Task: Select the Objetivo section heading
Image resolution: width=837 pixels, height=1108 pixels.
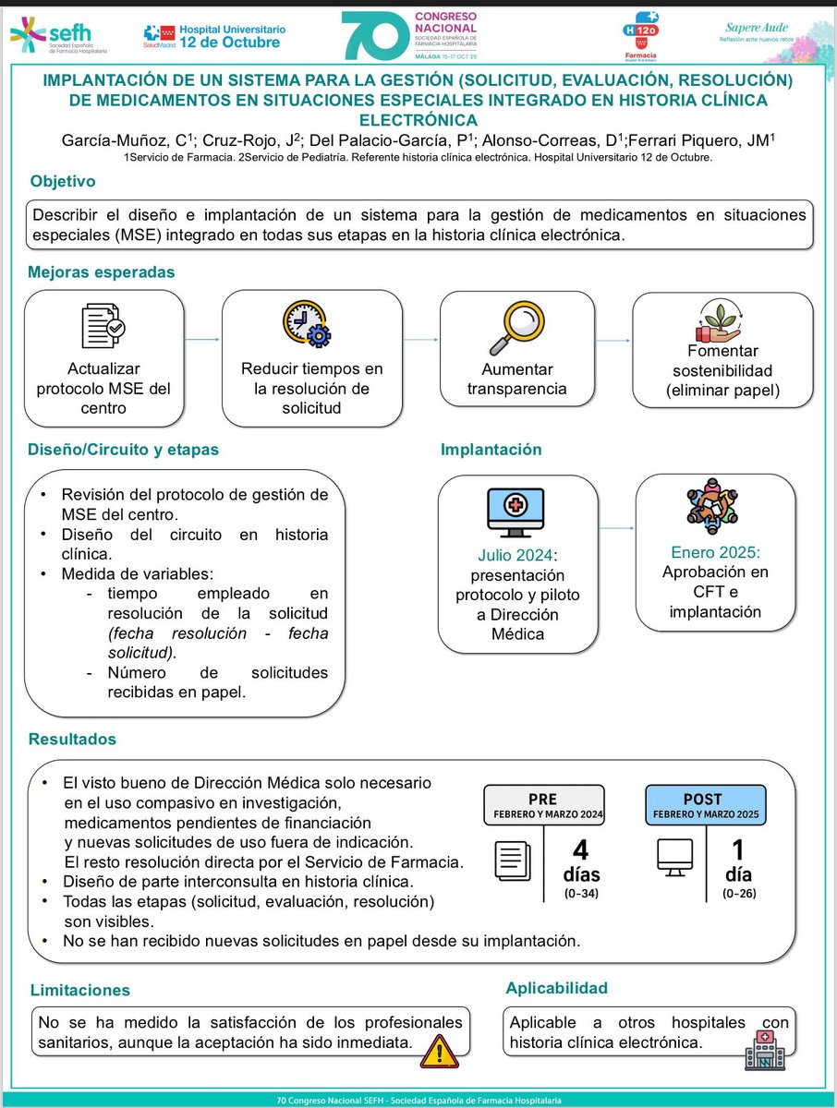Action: click(63, 181)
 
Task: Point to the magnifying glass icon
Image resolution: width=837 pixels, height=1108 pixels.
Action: click(503, 326)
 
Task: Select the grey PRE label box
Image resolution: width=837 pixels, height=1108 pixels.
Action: click(542, 806)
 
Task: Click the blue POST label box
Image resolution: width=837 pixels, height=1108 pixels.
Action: click(705, 806)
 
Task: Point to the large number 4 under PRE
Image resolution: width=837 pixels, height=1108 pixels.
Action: click(580, 849)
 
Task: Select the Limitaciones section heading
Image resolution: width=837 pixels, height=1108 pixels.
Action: click(79, 990)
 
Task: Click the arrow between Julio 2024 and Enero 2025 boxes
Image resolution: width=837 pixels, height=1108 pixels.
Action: click(617, 529)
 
